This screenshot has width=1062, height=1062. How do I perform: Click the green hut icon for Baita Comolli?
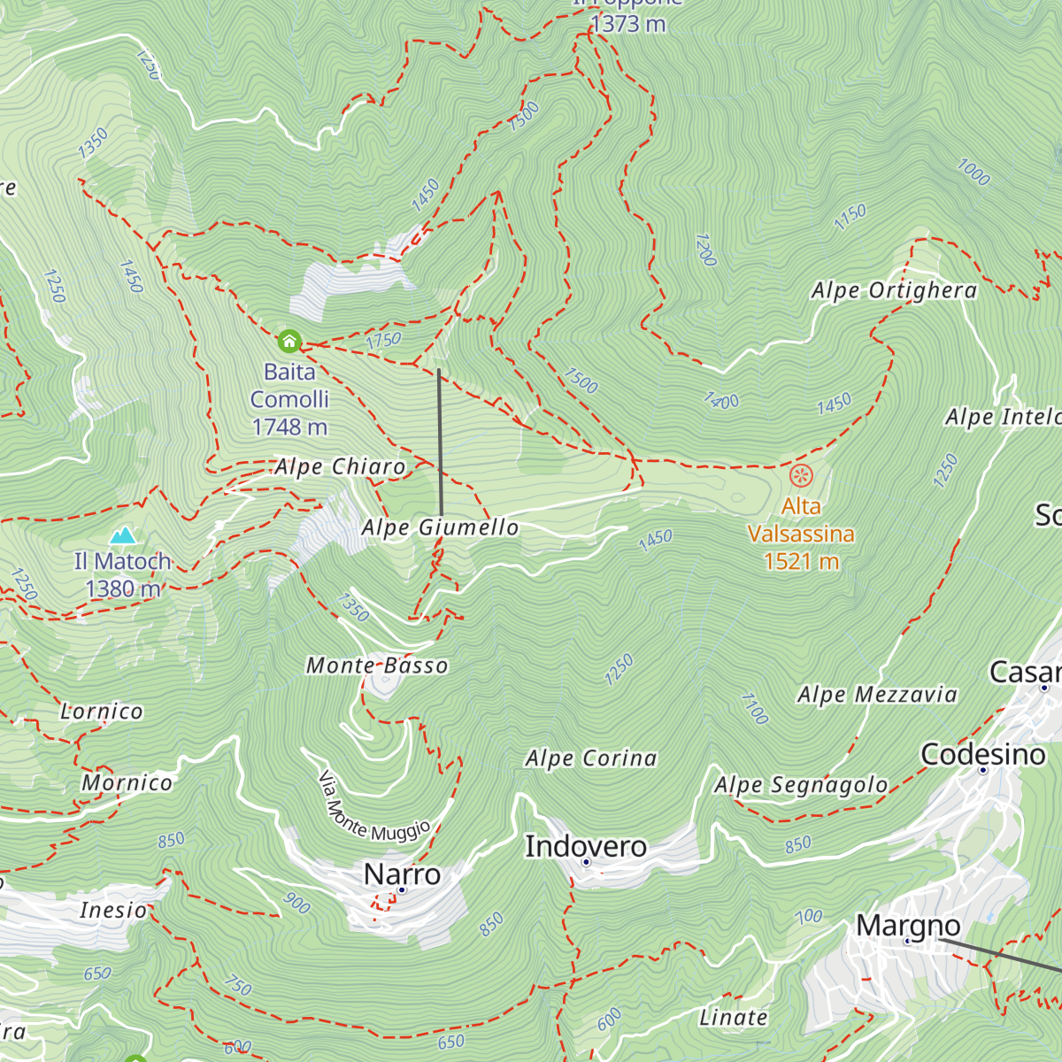289,341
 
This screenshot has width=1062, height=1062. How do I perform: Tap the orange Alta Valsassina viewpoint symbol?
801,476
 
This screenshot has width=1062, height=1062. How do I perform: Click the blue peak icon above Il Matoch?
123,535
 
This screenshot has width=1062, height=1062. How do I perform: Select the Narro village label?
402,874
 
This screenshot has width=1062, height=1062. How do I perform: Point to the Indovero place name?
586,847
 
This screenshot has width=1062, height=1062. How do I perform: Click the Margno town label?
908,926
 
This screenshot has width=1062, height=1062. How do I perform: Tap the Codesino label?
982,755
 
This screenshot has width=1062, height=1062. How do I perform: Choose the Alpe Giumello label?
440,528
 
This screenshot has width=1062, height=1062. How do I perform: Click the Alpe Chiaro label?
340,467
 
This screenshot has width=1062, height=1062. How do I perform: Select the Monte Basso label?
377,666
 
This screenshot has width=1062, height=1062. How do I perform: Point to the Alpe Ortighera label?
894,291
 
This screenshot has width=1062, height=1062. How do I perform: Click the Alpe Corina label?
591,758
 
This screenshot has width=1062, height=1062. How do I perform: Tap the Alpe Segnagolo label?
801,785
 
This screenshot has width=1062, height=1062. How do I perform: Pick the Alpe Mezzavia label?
877,695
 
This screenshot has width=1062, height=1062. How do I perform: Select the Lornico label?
101,712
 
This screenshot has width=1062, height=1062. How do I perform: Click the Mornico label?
127,782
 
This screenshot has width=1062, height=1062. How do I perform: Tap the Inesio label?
113,910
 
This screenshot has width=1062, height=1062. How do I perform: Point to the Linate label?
733,1018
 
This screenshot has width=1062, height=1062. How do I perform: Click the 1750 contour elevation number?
383,340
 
